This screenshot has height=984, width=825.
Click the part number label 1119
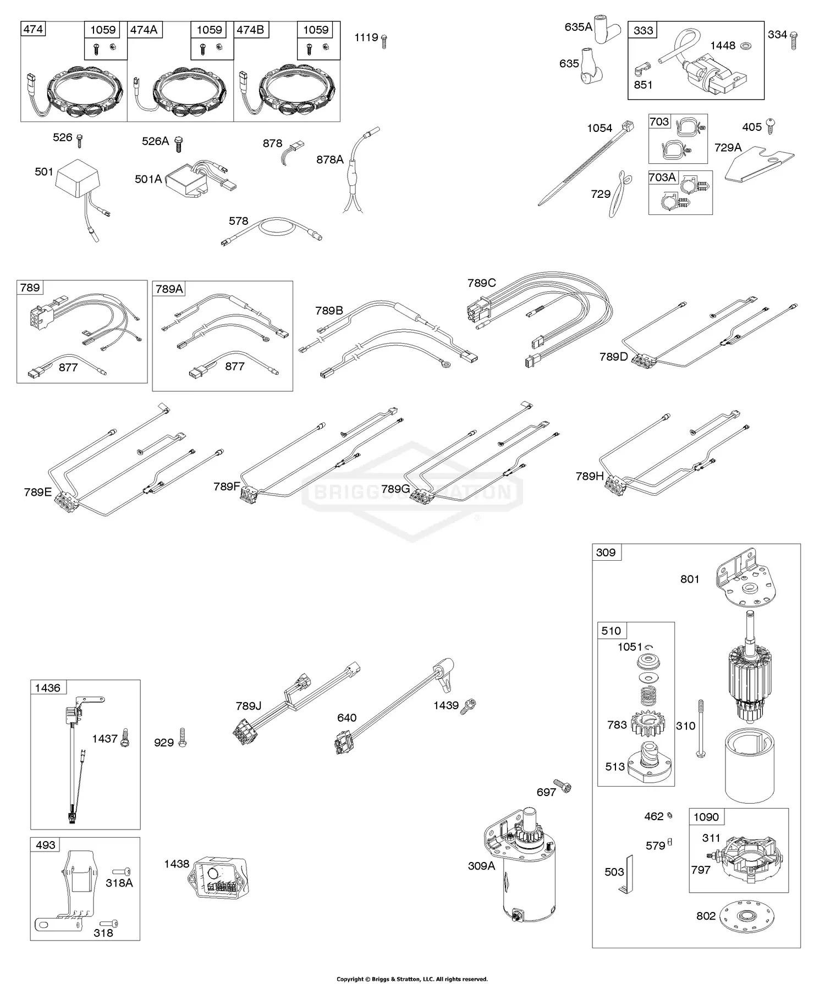(366, 37)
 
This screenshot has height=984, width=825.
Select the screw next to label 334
(794, 40)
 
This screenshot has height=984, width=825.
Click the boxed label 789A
(169, 289)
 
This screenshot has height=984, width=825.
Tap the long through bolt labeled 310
(701, 729)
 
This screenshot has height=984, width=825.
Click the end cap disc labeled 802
(752, 916)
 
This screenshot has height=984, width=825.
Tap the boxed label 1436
(47, 688)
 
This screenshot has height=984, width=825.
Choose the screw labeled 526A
(178, 143)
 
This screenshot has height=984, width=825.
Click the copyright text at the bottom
(412, 979)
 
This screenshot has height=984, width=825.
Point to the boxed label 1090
(706, 817)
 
